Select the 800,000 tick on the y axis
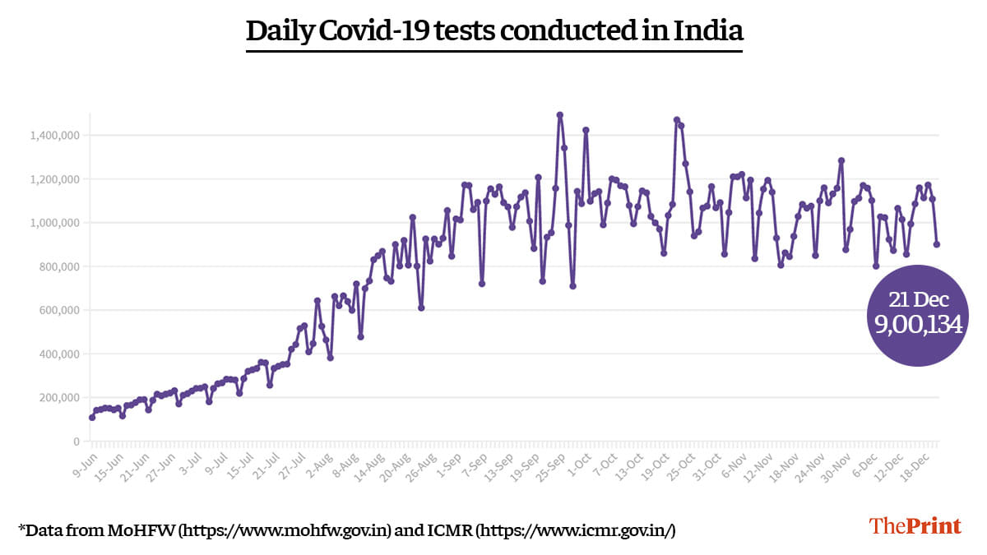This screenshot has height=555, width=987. point(59,266)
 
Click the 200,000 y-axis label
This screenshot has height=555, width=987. point(59,398)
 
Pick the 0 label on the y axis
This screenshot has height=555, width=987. point(76,442)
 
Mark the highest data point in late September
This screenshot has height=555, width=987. point(560,115)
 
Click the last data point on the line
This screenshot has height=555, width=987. point(937,244)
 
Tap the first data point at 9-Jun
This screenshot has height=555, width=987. point(92,417)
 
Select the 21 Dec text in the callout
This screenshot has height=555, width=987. point(918,298)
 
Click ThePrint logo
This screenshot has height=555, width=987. point(915,526)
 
